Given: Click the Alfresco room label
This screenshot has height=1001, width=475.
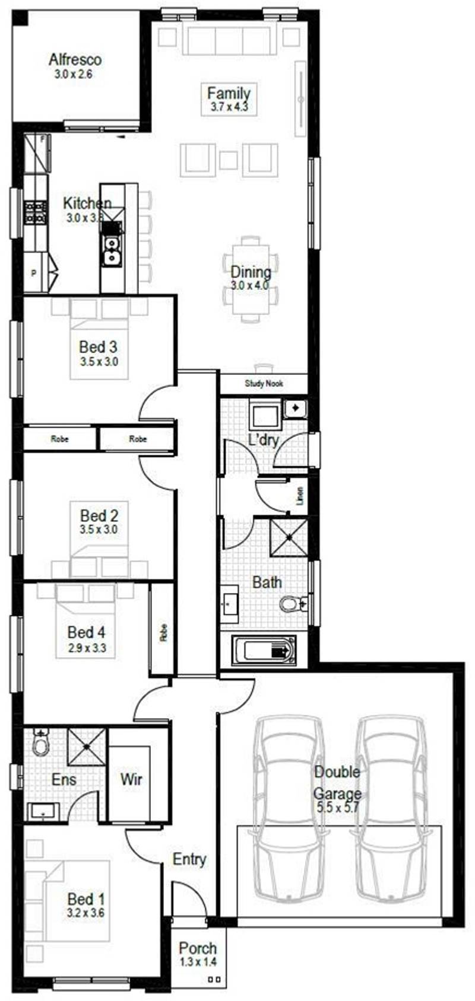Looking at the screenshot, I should point(75,60).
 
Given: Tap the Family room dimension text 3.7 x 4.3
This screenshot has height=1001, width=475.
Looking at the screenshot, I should point(229,107).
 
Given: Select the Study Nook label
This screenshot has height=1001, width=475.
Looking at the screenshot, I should point(264,384).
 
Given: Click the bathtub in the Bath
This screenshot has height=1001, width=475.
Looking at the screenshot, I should point(263,651).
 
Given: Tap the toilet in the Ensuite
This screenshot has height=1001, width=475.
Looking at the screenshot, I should point(41,742).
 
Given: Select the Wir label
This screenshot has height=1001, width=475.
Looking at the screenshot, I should point(131,779).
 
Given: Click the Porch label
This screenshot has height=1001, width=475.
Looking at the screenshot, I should point(198,948).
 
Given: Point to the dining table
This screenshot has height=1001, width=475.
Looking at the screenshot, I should point(251,279).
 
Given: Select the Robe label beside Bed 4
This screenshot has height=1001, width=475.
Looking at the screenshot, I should point(163,632).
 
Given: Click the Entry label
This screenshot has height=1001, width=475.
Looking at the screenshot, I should point(189,859).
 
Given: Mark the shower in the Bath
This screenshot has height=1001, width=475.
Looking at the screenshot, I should point(289,537).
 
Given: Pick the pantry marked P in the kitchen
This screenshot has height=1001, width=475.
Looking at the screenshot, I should point(34,273).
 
